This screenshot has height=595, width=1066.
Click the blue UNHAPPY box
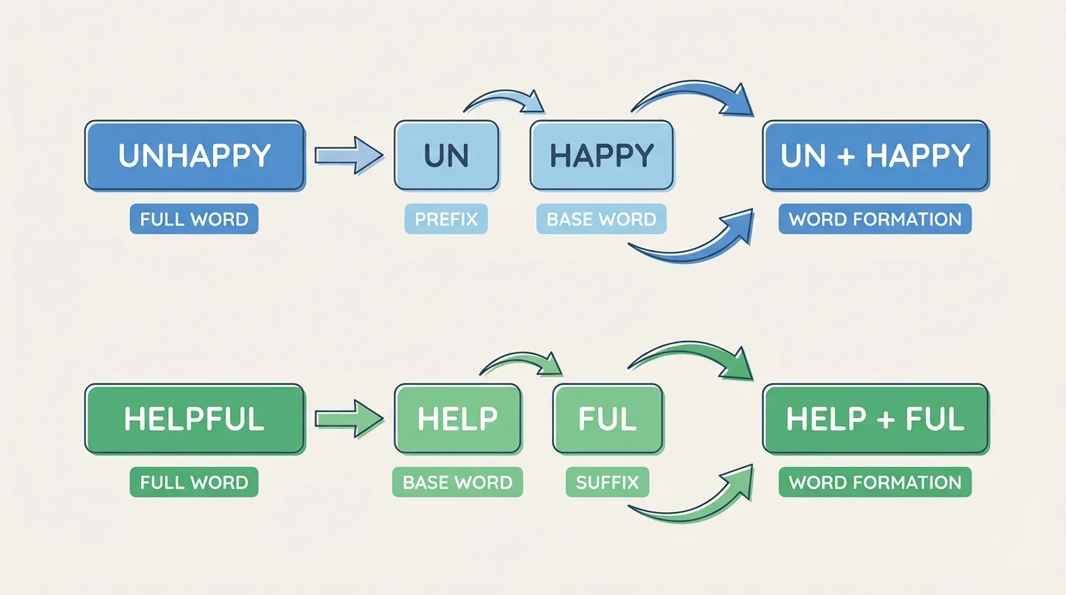point(194,156)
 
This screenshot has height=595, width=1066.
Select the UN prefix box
point(446,156)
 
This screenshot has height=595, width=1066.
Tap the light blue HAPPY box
point(601,156)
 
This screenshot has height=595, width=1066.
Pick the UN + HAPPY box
point(875,156)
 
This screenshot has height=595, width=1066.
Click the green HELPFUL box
point(194,419)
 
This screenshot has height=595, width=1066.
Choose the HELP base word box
point(457,419)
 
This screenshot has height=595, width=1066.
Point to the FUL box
point(607,419)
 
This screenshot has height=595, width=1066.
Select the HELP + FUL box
point(875,419)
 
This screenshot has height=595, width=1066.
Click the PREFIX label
point(446,219)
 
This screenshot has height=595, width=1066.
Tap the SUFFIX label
point(607,483)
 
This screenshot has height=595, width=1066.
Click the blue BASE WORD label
point(601,219)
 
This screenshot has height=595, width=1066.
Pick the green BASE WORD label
point(457,483)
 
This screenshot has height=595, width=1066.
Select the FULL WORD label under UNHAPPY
point(194,219)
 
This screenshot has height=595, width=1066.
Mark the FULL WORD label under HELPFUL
point(194,483)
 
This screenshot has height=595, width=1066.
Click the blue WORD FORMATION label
point(875,219)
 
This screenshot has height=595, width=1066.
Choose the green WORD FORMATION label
point(875,483)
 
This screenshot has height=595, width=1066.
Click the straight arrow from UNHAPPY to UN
point(349,155)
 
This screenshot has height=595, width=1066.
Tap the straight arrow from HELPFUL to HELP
point(349,419)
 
